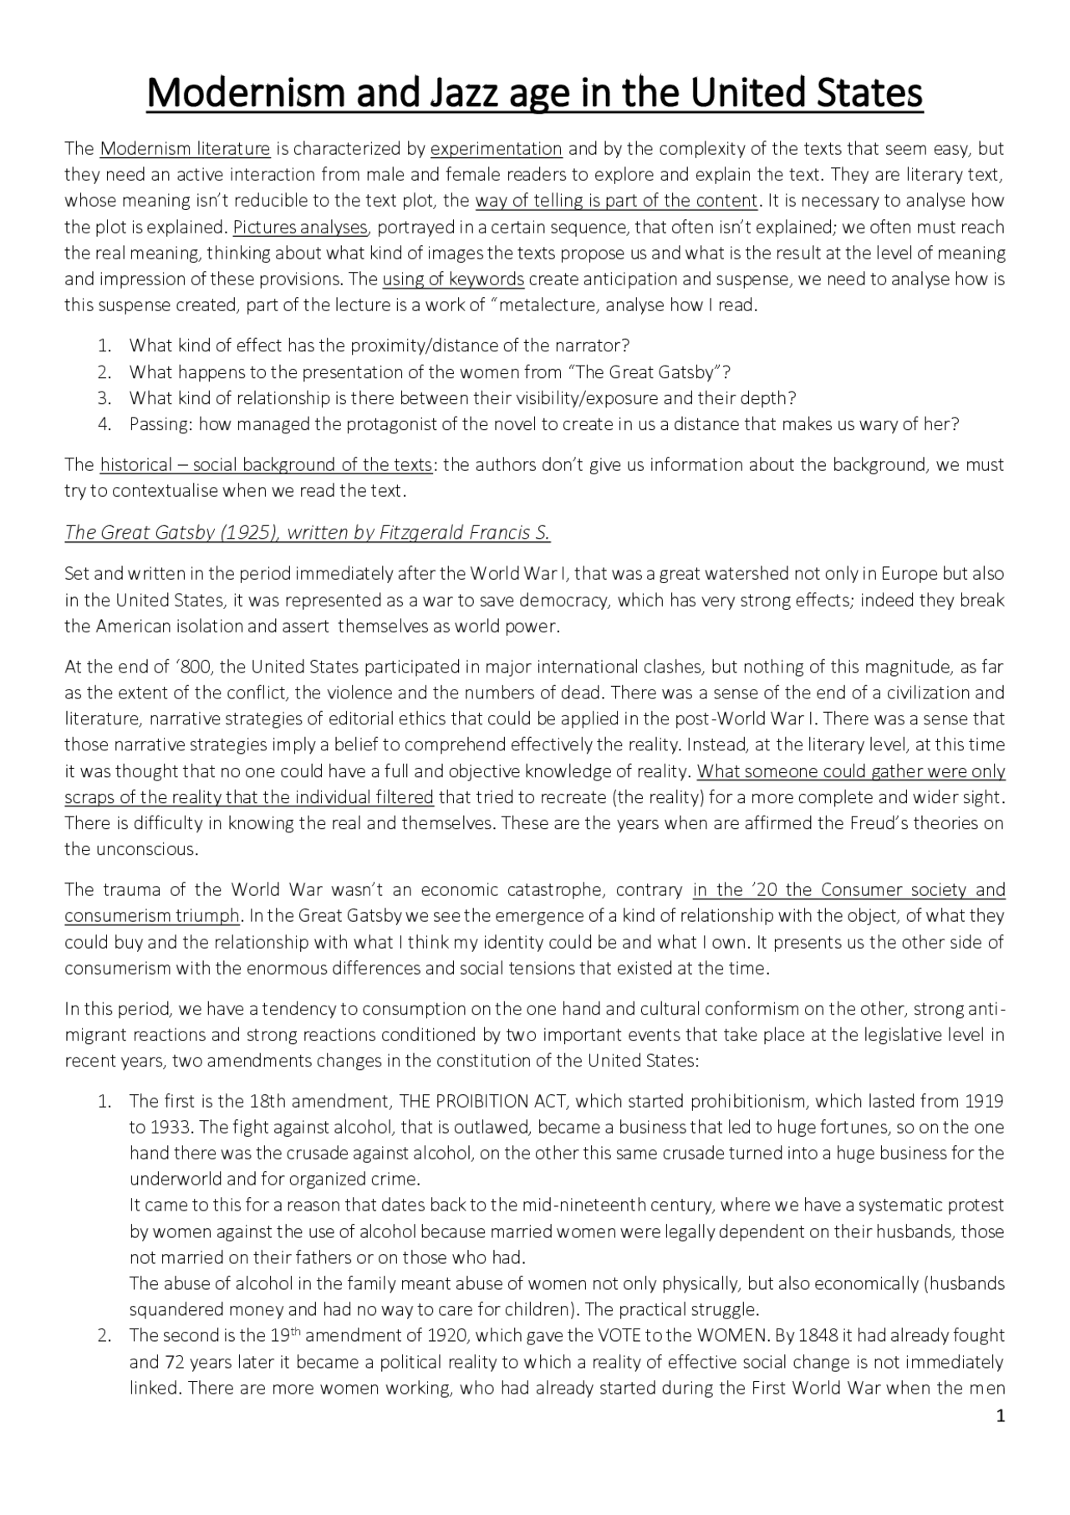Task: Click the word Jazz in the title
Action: (x=457, y=94)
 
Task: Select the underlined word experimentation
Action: (x=496, y=150)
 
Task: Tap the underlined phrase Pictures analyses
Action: (x=300, y=228)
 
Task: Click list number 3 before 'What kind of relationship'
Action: (x=104, y=398)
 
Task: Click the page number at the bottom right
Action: (x=1000, y=1416)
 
